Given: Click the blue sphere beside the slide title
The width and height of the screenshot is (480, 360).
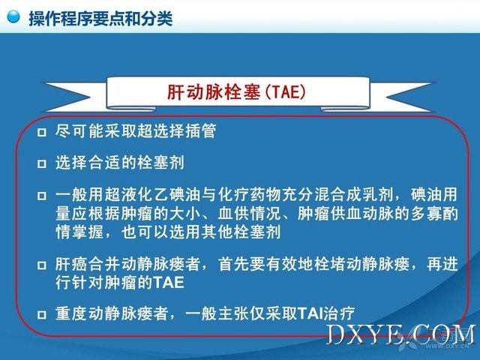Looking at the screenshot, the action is (13, 16).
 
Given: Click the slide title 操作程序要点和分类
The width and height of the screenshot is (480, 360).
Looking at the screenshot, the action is (100, 18).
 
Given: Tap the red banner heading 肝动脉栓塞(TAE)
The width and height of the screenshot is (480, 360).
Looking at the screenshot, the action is (237, 91).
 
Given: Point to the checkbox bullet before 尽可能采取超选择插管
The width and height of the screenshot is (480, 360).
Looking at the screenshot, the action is (42, 132).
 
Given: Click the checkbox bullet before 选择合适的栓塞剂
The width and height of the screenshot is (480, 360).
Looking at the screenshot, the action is (42, 163).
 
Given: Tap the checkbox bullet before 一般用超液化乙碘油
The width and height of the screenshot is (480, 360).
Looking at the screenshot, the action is (42, 196).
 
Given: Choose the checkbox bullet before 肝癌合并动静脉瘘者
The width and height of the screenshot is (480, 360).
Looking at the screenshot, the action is (42, 265).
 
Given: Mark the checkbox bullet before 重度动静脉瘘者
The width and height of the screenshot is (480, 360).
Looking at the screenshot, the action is (42, 315).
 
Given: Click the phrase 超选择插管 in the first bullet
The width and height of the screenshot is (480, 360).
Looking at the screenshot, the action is (177, 130).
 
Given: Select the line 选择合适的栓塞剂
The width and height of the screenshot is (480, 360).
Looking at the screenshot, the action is (120, 163).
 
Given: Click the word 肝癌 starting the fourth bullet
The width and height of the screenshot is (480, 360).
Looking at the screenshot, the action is (71, 264).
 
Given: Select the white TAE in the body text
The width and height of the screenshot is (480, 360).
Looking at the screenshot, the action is (169, 283).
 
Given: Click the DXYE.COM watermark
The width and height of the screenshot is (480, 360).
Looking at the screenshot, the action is (401, 334).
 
